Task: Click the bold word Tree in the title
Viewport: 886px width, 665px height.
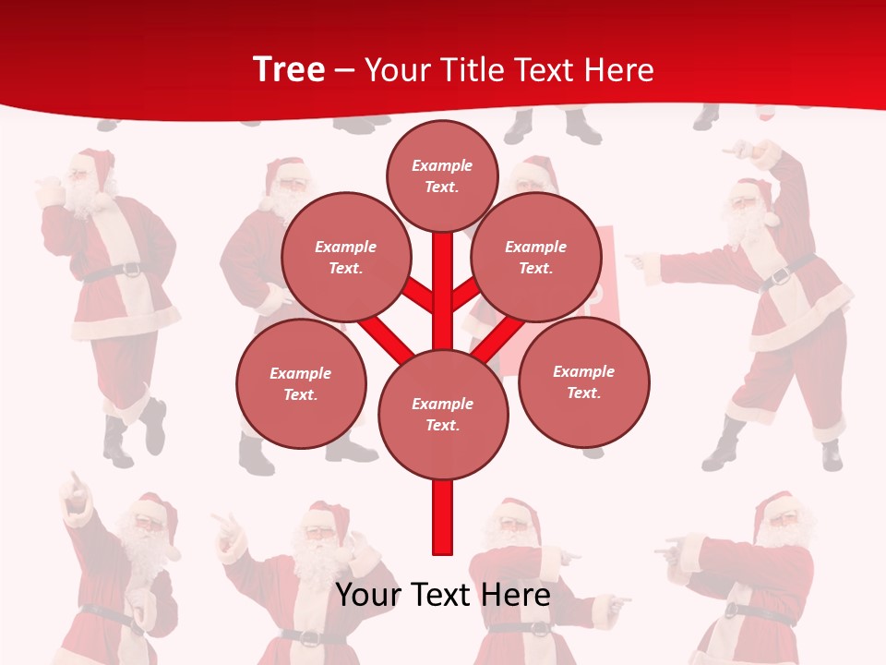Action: point(288,70)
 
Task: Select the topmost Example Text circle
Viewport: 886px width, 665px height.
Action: point(442,175)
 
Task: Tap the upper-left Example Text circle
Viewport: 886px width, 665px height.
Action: point(345,257)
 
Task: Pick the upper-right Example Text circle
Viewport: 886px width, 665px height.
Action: point(536,257)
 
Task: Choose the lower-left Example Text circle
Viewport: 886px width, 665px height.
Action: point(301,383)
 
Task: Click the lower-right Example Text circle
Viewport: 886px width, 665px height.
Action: point(584,381)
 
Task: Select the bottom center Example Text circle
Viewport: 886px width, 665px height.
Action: point(443,414)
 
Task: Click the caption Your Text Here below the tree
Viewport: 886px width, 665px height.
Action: point(443,595)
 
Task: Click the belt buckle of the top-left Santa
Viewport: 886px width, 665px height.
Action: point(132,271)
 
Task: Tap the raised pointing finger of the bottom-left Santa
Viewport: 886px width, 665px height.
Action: point(74,481)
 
